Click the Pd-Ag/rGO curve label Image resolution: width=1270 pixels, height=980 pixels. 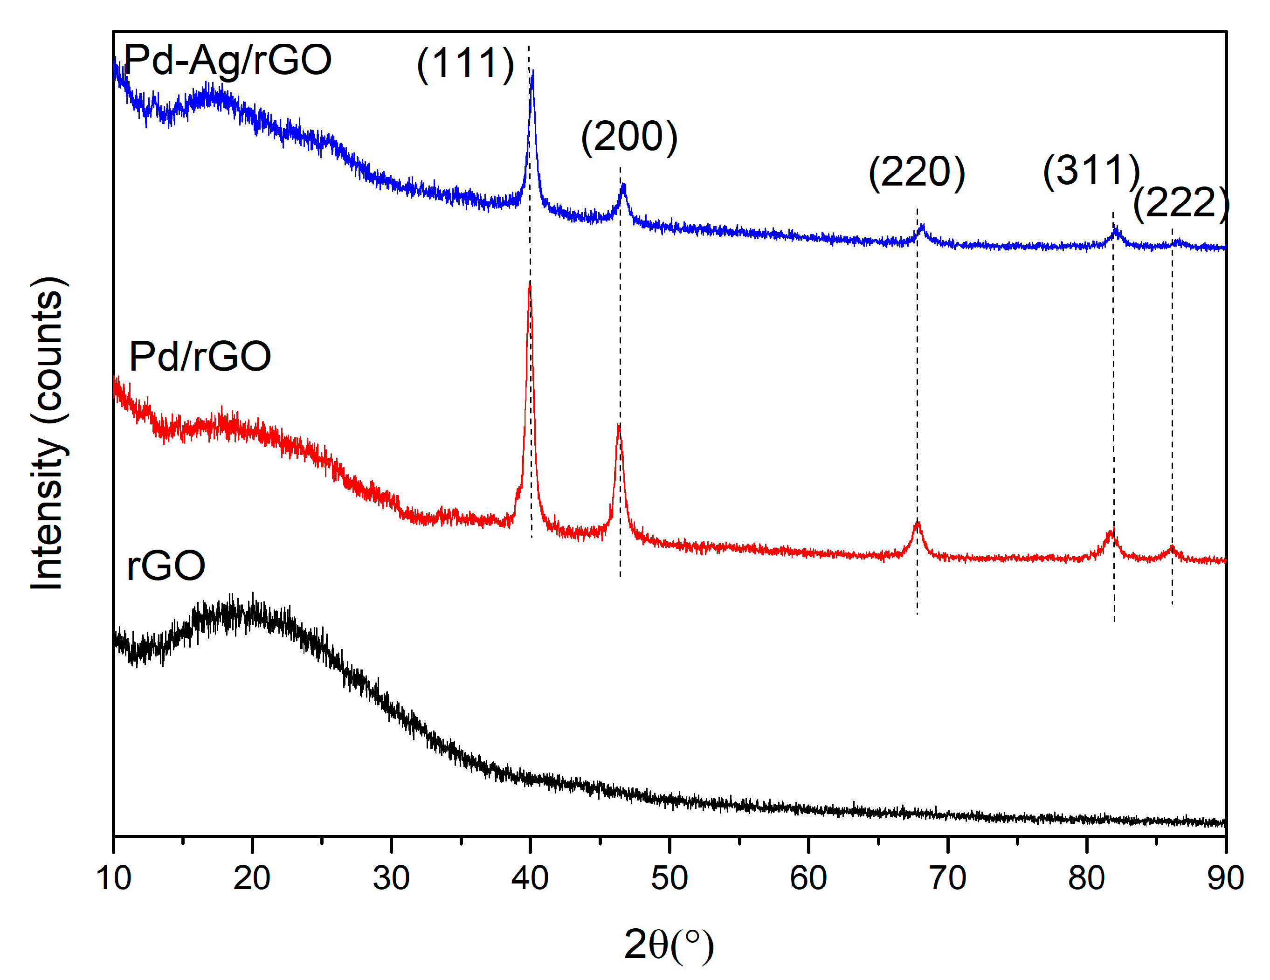(228, 61)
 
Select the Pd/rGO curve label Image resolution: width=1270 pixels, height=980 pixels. (200, 357)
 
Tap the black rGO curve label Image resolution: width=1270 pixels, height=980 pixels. (166, 566)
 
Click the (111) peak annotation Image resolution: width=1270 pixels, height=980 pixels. (465, 63)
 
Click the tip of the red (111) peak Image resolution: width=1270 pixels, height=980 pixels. (529, 283)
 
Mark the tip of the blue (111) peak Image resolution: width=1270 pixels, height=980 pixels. (532, 71)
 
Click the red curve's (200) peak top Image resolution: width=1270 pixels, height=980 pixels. (619, 426)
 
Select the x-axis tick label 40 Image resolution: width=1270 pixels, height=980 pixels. (530, 878)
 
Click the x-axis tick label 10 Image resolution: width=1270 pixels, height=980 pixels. (113, 878)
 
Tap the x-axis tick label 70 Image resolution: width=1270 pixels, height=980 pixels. (947, 878)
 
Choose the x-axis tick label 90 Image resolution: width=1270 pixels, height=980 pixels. (1225, 878)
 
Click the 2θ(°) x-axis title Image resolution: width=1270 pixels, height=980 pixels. (669, 945)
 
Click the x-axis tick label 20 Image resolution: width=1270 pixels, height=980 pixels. (252, 878)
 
